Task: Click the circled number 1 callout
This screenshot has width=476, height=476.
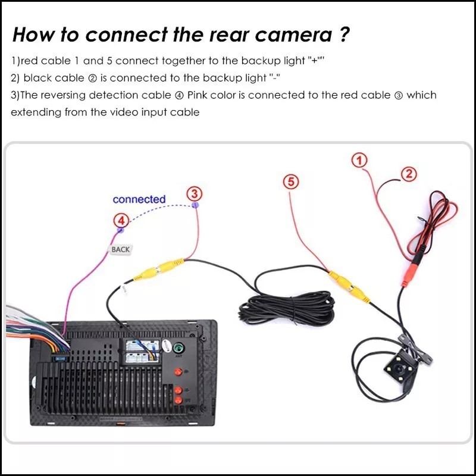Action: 359,160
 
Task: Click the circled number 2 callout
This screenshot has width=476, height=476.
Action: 409,174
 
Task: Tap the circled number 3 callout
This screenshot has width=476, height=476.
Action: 195,193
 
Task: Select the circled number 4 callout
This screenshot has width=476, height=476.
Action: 121,221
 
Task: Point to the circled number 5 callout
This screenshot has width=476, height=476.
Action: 290,182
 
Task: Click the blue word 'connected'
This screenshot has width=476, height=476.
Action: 139,199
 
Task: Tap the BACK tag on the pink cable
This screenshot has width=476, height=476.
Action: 120,249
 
